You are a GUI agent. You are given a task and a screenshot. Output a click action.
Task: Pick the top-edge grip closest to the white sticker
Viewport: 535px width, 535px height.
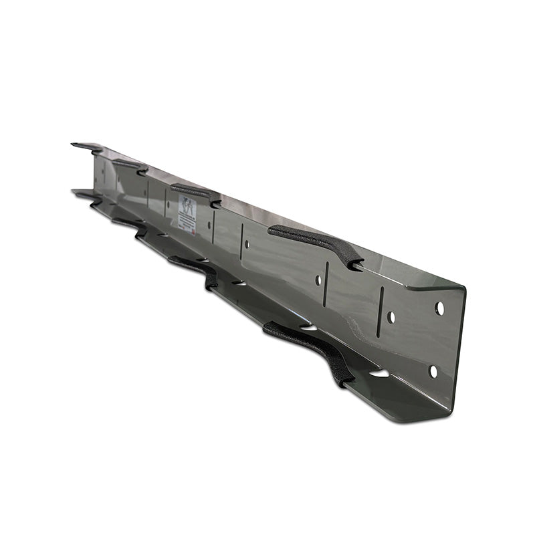point(195,193)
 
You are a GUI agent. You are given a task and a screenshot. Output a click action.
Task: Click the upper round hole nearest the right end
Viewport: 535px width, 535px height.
point(439,308)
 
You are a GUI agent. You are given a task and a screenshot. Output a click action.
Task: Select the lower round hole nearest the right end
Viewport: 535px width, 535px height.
point(433,370)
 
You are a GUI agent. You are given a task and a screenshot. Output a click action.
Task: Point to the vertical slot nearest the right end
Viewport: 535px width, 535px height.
point(381,312)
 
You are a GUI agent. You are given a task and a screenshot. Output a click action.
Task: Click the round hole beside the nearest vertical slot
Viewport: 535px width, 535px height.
point(391,317)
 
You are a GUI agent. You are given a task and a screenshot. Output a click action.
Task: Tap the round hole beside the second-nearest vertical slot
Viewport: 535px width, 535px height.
point(318,280)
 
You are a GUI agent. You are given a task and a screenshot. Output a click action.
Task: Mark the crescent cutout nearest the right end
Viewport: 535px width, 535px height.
point(379,372)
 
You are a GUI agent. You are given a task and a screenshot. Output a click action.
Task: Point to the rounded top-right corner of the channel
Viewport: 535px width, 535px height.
point(461,289)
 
